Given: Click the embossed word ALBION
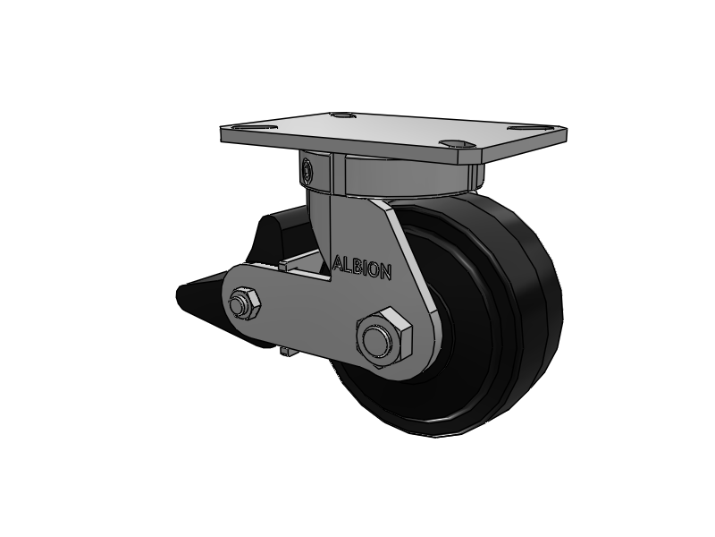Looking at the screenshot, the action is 362,268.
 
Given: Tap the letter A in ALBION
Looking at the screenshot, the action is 338,263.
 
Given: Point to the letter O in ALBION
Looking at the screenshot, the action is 374,270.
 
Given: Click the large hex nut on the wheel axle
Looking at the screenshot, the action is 384,337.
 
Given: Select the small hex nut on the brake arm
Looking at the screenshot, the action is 243,303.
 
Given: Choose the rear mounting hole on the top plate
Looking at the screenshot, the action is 341,115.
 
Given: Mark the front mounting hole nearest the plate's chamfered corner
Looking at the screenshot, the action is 458,144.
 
